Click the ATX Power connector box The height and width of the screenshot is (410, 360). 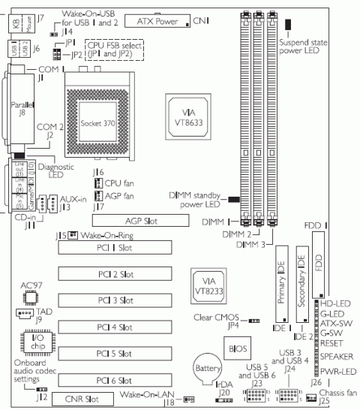157,21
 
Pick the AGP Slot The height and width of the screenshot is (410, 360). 140,221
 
